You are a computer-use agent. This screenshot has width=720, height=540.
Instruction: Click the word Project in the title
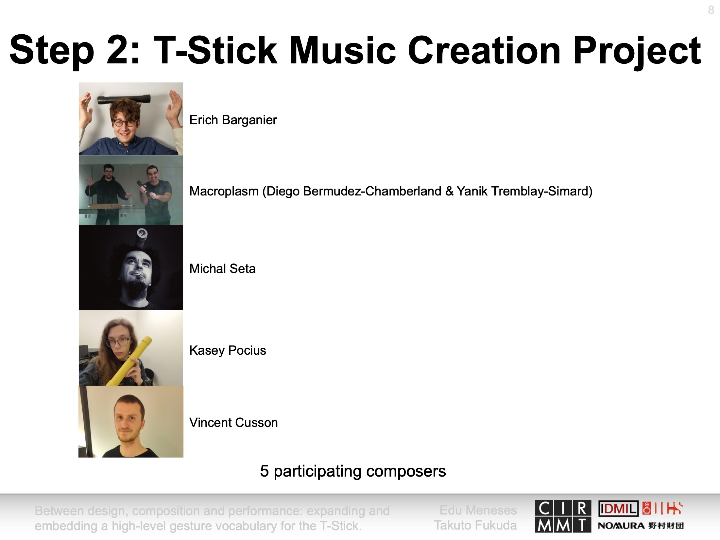coord(637,51)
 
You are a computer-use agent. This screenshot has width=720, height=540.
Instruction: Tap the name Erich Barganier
coord(233,120)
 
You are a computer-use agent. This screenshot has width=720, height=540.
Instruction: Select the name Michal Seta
coord(222,269)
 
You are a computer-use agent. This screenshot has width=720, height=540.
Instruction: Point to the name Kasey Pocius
coord(228,350)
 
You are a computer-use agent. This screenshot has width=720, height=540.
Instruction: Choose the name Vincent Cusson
coord(233,422)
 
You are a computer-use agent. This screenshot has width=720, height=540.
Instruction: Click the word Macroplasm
coord(224,191)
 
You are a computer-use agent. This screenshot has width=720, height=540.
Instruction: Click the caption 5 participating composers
coord(353,471)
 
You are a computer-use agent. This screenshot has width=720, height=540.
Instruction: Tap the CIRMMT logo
coord(563,516)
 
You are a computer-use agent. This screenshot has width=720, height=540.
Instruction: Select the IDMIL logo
coord(618,509)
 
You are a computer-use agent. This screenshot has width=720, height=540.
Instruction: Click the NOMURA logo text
coord(621,526)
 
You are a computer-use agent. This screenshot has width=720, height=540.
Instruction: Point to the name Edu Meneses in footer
coord(478,510)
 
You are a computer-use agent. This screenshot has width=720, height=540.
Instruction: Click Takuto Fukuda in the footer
coord(475,525)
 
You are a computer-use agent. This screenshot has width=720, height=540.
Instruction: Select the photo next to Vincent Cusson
coord(131,421)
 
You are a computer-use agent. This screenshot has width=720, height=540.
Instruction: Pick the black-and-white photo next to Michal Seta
coord(131,267)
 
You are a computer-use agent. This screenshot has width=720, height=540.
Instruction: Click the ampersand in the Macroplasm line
coord(450,191)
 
